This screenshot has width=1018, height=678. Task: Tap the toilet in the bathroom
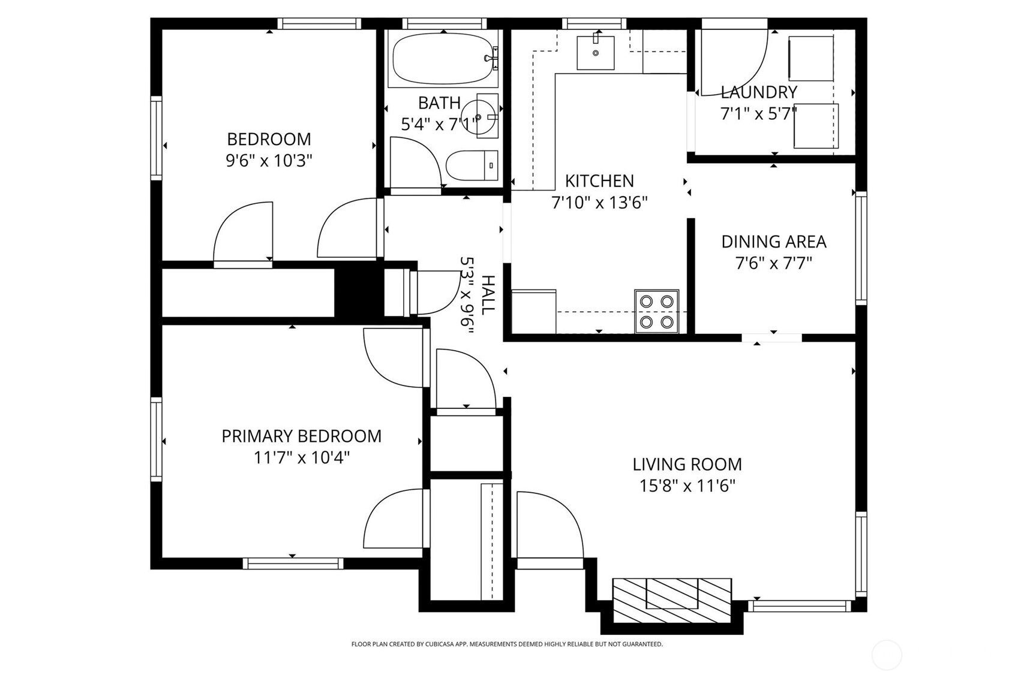coord(472,165)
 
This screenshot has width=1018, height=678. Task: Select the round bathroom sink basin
coord(478,116)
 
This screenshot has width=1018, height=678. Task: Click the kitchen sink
coord(595,53)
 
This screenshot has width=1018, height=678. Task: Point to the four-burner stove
coord(657,312)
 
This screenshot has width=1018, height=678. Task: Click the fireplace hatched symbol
coord(672,601)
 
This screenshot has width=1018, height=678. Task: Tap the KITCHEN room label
coord(599,180)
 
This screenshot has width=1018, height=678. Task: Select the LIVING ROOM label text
coord(687,464)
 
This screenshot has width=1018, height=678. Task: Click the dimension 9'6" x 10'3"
coord(269,161)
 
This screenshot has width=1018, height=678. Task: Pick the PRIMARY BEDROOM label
coord(301,436)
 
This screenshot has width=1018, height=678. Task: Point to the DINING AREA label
coord(773,242)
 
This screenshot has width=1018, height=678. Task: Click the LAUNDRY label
coord(758,92)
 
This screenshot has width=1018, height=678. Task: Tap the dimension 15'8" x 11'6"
coord(687,486)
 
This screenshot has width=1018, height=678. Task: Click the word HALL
coord(488,295)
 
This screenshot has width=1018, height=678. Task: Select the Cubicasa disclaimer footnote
coord(507,644)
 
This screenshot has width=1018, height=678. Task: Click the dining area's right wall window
coord(861,248)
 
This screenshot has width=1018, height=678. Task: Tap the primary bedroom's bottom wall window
coord(293,564)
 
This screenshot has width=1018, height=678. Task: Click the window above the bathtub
coord(445,23)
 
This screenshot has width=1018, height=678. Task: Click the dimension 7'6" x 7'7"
coord(773,263)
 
